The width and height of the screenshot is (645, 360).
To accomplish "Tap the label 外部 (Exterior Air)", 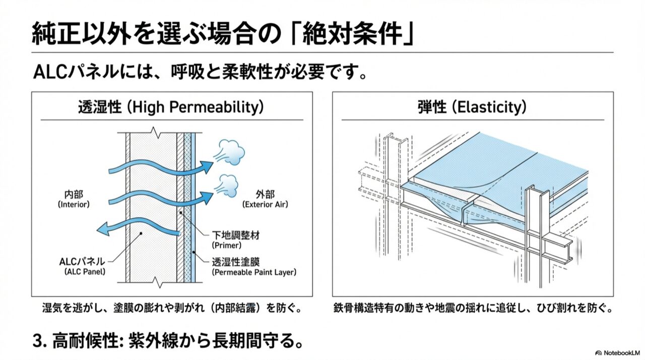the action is [265, 199].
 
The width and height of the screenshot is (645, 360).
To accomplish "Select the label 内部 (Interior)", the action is [74, 199].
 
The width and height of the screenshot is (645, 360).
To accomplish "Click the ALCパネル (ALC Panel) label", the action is [82, 266].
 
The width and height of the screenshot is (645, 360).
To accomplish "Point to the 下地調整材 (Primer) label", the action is [236, 240].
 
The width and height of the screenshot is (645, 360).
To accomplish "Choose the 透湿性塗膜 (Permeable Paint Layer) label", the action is [254, 267].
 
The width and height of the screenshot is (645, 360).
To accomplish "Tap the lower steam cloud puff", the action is [227, 186].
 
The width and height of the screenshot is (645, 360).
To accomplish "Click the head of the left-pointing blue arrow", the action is [103, 229].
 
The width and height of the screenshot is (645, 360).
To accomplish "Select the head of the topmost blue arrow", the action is [206, 167].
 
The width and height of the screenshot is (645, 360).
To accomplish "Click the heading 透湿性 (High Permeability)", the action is [171, 107].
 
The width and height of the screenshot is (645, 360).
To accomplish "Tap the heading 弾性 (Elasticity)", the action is [472, 107].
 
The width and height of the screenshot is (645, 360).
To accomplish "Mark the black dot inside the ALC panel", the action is [141, 233].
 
